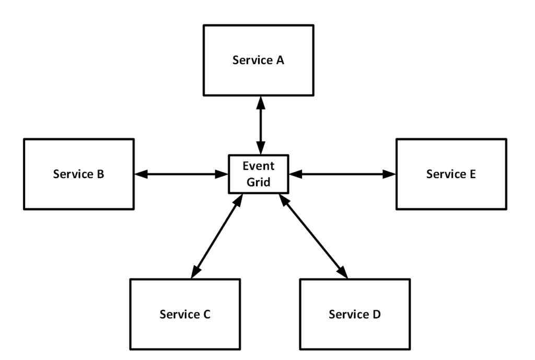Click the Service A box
(x=259, y=61)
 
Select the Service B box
(x=78, y=174)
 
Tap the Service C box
(x=185, y=314)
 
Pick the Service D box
(x=355, y=314)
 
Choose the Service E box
(x=451, y=174)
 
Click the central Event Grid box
(x=259, y=173)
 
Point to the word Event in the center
(x=259, y=167)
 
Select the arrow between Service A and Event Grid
(x=259, y=125)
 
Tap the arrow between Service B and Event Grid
(x=181, y=174)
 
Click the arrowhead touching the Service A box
(x=259, y=102)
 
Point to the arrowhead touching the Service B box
(x=140, y=174)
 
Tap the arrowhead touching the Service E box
(x=389, y=174)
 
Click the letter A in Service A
(x=280, y=61)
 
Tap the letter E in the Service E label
(x=472, y=174)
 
